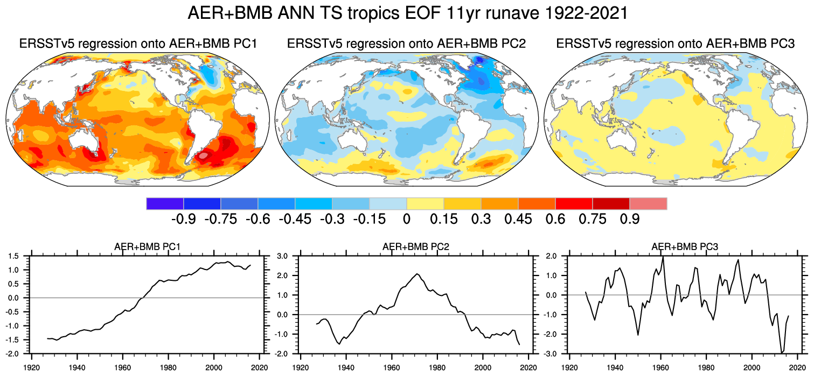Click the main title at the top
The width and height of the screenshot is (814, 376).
pyautogui.click(x=407, y=13)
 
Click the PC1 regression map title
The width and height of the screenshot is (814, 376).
pyautogui.click(x=138, y=44)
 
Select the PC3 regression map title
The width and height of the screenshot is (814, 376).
pyautogui.click(x=676, y=44)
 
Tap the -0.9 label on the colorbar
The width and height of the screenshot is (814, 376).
pyautogui.click(x=183, y=219)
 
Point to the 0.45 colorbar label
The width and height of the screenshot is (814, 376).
pyautogui.click(x=518, y=219)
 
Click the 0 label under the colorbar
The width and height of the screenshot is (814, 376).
pyautogui.click(x=406, y=219)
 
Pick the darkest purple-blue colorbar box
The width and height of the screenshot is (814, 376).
pyautogui.click(x=165, y=203)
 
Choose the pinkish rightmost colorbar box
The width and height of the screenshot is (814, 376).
pyautogui.click(x=648, y=203)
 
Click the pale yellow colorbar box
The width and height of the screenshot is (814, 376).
pyautogui.click(x=425, y=203)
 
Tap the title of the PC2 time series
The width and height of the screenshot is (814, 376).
pyautogui.click(x=415, y=247)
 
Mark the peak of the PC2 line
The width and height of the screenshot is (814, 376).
pyautogui.click(x=417, y=274)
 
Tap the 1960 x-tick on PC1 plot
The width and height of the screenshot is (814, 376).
pyautogui.click(x=123, y=363)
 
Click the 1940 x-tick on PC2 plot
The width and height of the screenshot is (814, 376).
pyautogui.click(x=346, y=363)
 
